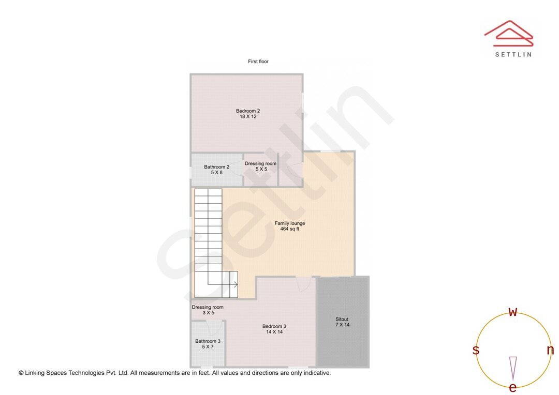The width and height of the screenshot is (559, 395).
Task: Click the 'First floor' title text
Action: click(x=258, y=62)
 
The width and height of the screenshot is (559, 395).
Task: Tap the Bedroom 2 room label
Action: click(x=248, y=111)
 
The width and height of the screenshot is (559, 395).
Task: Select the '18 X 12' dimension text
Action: click(x=248, y=117)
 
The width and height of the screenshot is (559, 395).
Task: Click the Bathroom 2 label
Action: click(x=216, y=167)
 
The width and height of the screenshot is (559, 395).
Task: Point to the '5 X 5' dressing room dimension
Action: click(x=260, y=170)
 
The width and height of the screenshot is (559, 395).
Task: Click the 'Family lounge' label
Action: click(x=290, y=223)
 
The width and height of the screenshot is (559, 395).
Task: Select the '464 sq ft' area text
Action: click(x=290, y=229)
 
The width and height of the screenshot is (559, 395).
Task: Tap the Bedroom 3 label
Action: click(x=274, y=326)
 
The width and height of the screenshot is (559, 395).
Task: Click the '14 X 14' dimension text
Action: click(x=274, y=332)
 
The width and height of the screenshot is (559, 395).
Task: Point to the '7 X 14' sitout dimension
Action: click(x=343, y=325)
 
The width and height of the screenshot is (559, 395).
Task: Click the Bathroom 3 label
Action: click(x=208, y=341)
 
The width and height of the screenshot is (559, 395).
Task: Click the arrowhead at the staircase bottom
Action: click(x=236, y=284)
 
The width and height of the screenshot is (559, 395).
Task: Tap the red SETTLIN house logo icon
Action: click(x=509, y=34)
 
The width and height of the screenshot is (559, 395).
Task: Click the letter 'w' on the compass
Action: click(x=513, y=312)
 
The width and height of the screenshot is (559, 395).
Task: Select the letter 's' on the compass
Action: click(x=476, y=350)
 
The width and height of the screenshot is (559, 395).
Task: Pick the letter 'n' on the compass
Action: click(x=550, y=350)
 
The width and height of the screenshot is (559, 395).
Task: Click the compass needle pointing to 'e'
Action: click(x=513, y=368)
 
